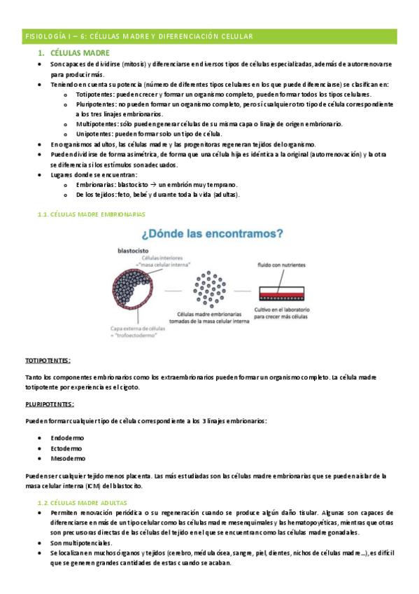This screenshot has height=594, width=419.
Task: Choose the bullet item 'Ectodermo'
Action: coord(66,448)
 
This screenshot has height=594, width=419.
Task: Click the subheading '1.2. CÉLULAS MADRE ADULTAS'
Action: coord(80,504)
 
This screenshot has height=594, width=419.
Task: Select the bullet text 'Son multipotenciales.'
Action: coord(80,543)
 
